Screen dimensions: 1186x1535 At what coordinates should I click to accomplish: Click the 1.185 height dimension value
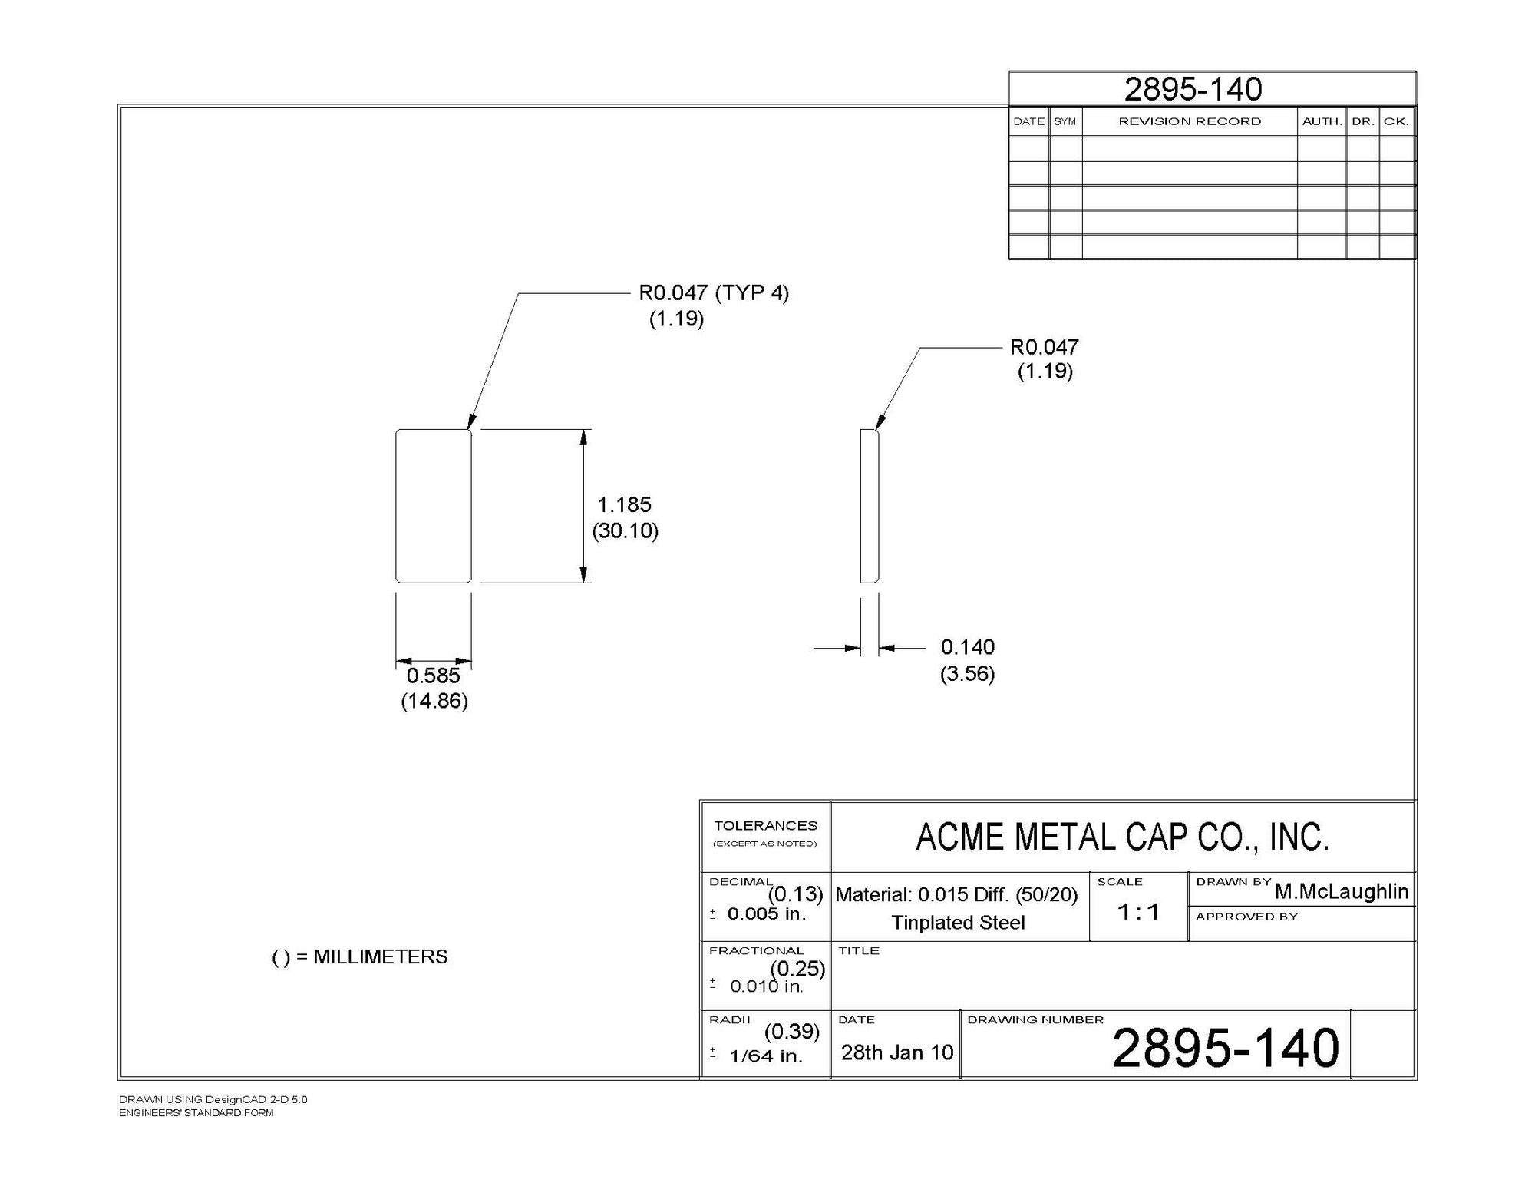coord(624,504)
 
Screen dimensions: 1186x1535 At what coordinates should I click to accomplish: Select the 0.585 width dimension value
coord(433,676)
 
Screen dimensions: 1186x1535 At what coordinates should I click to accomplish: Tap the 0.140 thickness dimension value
coord(967,647)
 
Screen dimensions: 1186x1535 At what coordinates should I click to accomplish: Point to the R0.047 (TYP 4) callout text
coord(713,292)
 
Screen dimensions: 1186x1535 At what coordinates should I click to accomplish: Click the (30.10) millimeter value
coord(625,530)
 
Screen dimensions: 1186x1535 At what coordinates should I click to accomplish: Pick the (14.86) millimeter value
coord(434,701)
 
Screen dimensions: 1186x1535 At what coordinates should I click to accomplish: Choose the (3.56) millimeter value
coord(967,674)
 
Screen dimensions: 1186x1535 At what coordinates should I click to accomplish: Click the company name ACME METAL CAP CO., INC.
coord(1122,837)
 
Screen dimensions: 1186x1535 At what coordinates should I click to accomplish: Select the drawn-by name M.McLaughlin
coord(1341,891)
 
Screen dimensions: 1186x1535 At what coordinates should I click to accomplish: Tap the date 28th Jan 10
coord(896,1052)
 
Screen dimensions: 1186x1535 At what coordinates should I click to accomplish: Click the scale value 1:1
coord(1138,912)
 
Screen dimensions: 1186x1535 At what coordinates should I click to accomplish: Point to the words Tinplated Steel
coord(958,923)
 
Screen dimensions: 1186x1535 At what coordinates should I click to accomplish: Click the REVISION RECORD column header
coord(1189,121)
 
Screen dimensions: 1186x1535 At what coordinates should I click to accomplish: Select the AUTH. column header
coord(1322,121)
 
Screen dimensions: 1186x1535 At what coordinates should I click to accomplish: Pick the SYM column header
coord(1065,121)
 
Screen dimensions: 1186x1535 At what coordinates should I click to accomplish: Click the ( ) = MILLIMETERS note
coord(359,957)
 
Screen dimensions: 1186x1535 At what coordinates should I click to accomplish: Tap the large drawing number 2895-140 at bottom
coord(1225,1049)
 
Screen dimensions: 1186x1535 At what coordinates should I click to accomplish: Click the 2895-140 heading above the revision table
coord(1193,89)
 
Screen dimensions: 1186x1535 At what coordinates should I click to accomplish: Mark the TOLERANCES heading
coord(765,826)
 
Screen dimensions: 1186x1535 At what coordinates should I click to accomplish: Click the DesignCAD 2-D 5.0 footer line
coord(213,1099)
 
